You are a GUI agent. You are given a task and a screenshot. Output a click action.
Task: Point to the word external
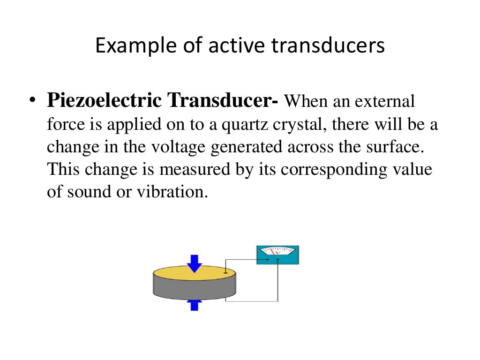coord(385,101)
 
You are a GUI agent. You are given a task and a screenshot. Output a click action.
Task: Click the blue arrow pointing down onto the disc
coord(194,263)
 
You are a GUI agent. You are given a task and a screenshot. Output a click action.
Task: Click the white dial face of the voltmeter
coord(277,252)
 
